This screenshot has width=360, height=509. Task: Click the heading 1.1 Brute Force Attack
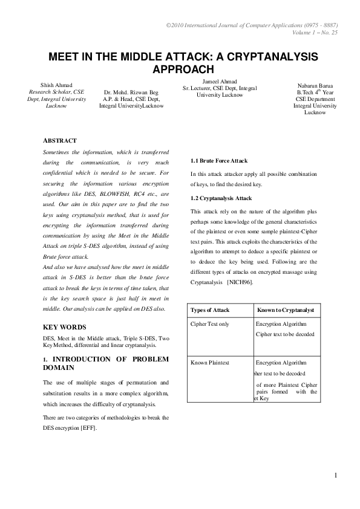pos(219,161)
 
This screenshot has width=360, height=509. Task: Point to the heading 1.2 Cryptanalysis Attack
pos(221,198)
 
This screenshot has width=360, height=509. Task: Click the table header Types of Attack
pos(210,310)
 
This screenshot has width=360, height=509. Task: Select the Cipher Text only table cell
pos(210,325)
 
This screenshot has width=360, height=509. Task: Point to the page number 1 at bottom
pos(335,475)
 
